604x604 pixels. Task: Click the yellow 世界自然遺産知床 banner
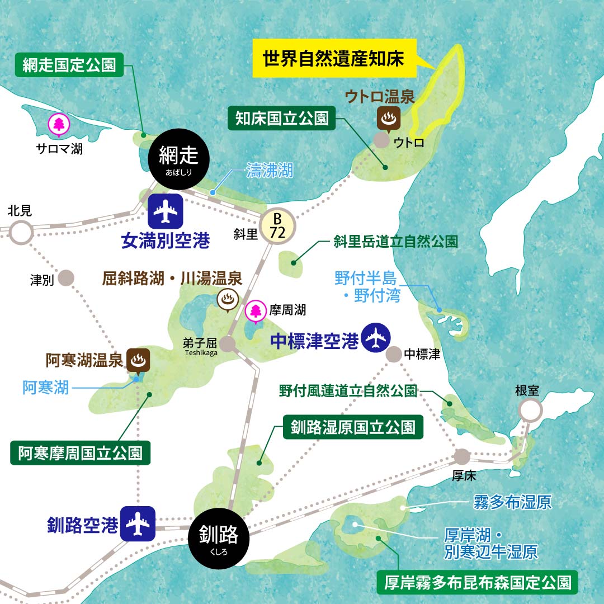(x=333, y=58)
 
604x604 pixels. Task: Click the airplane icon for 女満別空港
(x=166, y=211)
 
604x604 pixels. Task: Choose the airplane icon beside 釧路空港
(x=137, y=524)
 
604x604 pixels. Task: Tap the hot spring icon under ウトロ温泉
(x=386, y=118)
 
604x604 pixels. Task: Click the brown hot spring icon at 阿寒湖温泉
(x=138, y=361)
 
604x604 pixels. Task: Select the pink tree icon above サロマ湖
(x=58, y=125)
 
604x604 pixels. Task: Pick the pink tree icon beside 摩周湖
(x=256, y=312)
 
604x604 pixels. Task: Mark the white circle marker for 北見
(x=22, y=232)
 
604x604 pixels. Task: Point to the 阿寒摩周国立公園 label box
(x=80, y=453)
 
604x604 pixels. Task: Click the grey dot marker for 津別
(x=67, y=278)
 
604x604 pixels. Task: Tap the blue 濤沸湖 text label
(x=270, y=171)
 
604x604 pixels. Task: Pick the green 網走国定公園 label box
(x=69, y=65)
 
